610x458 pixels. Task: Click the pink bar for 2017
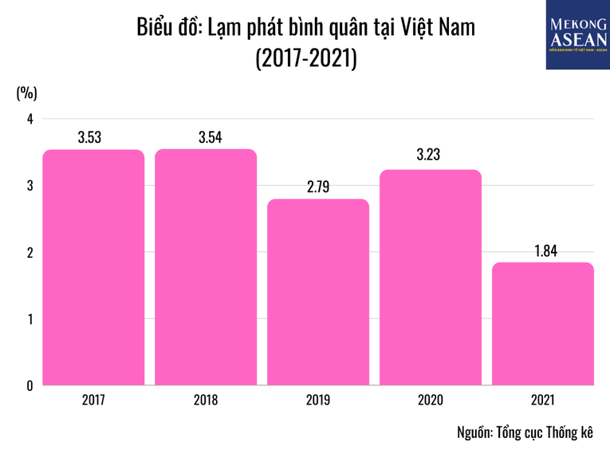tap(93, 267)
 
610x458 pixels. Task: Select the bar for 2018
tap(206, 267)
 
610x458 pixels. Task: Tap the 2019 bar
tap(318, 292)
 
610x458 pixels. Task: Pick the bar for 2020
tap(431, 278)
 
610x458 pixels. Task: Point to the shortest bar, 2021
tap(543, 324)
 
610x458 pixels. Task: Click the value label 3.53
tap(89, 137)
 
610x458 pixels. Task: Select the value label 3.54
tap(210, 137)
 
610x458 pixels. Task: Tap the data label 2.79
tap(317, 187)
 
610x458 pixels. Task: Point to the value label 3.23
tap(429, 156)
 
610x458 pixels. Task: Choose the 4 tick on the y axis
tap(30, 119)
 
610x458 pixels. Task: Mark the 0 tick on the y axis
tap(30, 385)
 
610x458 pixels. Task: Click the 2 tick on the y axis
tap(30, 253)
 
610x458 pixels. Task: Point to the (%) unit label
tap(26, 93)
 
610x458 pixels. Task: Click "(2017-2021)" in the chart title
tap(305, 58)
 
